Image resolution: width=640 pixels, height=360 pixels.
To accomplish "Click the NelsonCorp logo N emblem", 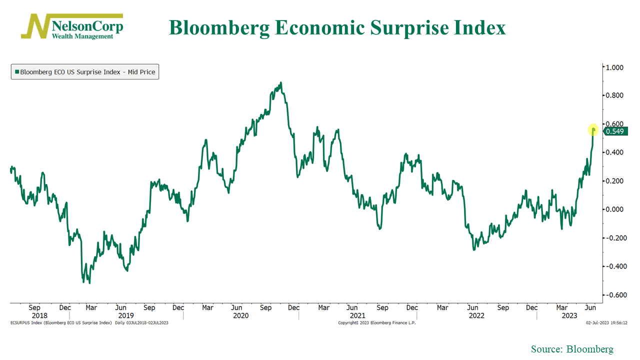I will coord(35,26).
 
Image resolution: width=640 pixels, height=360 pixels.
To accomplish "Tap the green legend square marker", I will coord(16,72).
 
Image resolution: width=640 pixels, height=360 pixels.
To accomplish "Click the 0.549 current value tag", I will coord(614,131).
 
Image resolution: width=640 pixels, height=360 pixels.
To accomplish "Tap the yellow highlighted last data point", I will coord(593,130).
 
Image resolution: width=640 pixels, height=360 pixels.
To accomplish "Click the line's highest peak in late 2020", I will coord(281,82).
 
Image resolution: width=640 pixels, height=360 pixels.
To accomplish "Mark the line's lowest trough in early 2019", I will coord(89,283).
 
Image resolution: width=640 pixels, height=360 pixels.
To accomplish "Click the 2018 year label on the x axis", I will coord(39,316).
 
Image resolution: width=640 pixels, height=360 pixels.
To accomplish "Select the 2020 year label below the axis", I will coord(240,316).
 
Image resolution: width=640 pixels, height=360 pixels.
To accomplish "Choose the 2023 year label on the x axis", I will coord(569,316).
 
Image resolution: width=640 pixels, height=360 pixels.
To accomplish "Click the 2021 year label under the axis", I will coord(357,316).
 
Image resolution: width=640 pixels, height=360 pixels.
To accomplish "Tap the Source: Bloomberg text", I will coord(572,349).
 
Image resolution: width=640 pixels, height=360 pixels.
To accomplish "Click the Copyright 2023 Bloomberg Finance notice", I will coord(377,323).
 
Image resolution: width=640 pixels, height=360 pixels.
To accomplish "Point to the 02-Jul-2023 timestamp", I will coord(606,323).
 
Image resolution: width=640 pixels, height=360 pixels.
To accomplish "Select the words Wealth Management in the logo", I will coord(82,36).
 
